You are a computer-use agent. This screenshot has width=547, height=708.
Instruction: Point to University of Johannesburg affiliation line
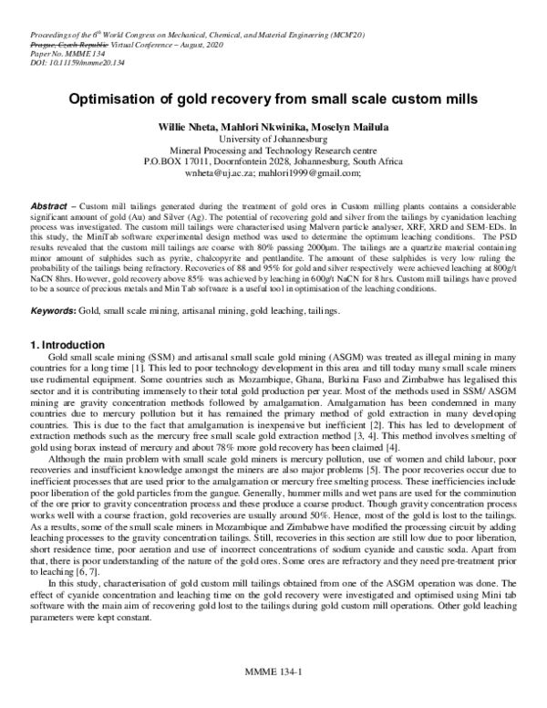pyautogui.click(x=273, y=139)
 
